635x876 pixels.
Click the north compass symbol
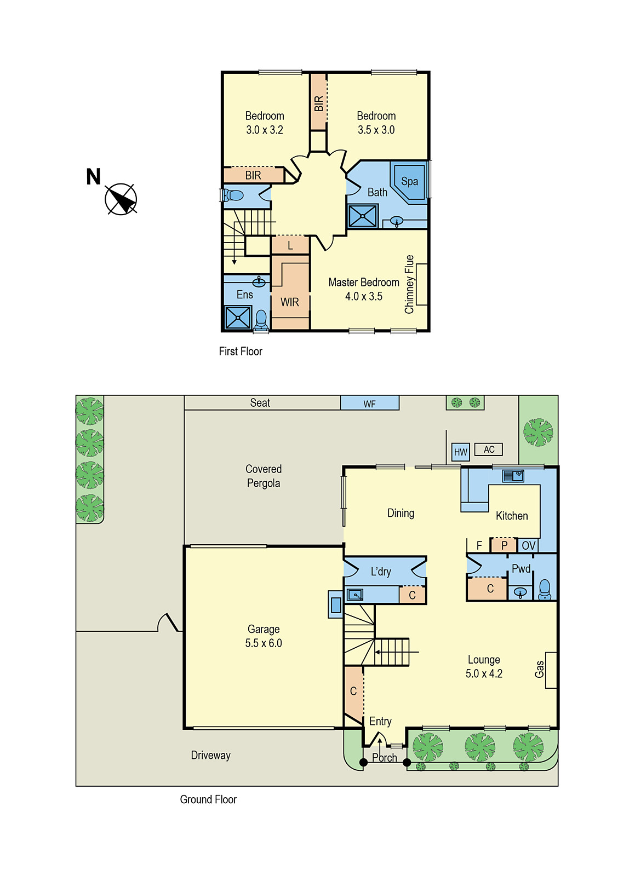(x=121, y=199)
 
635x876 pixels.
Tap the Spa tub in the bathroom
(x=410, y=182)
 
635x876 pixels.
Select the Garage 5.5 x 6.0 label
(x=264, y=636)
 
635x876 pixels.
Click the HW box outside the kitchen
(x=461, y=452)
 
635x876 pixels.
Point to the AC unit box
(x=489, y=449)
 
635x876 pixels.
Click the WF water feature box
(x=370, y=404)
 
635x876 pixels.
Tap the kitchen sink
(x=513, y=476)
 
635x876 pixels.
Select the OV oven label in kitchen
(x=528, y=545)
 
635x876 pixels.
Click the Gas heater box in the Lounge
(x=551, y=670)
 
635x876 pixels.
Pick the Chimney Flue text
(x=409, y=284)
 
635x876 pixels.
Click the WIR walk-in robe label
(x=290, y=302)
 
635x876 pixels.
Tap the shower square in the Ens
(x=238, y=318)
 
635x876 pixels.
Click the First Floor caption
(x=241, y=351)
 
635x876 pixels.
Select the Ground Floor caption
(x=208, y=799)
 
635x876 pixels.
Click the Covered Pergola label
(x=264, y=476)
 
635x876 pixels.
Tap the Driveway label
(x=210, y=756)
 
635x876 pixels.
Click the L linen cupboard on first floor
(x=290, y=245)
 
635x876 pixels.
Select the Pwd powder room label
(x=521, y=569)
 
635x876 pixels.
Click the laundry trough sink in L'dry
(x=355, y=595)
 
